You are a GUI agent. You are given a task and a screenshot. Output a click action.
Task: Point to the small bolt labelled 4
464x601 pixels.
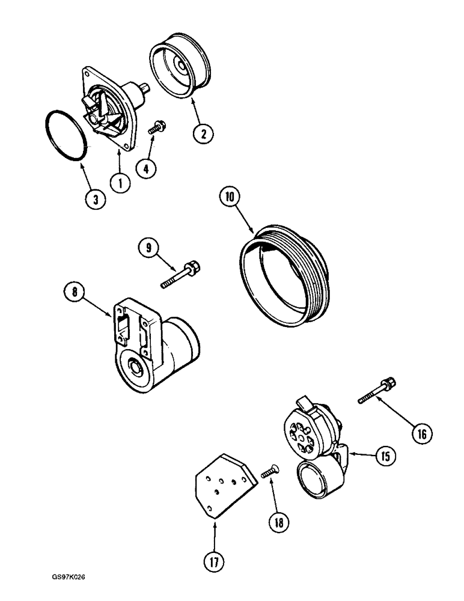click(158, 127)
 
